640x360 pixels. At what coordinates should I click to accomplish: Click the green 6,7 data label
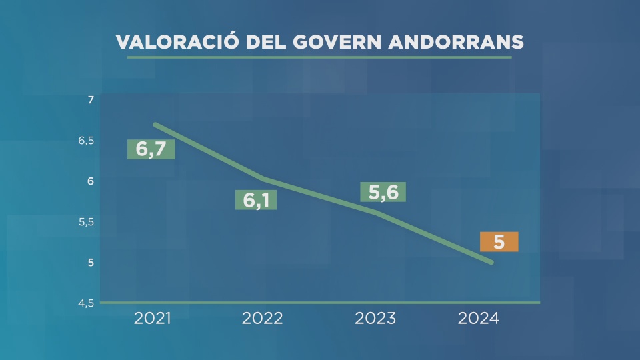(x=151, y=149)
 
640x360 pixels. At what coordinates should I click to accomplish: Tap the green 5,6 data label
(x=383, y=192)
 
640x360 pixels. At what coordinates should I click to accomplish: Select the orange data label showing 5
(x=499, y=241)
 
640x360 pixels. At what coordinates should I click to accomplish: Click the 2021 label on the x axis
(x=153, y=318)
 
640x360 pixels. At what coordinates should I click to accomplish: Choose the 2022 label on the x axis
(x=262, y=318)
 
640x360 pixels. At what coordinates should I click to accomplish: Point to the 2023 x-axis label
(x=375, y=318)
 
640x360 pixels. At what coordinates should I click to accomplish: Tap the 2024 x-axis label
(x=478, y=318)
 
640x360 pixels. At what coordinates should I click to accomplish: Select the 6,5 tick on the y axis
(x=87, y=141)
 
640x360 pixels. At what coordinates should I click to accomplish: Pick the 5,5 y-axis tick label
(x=87, y=222)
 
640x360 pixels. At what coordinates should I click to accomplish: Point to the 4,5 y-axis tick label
(x=87, y=303)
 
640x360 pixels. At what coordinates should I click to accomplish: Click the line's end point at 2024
(x=491, y=263)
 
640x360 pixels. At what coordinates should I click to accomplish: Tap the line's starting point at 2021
(x=155, y=125)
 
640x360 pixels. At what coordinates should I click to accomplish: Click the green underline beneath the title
(x=319, y=58)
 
